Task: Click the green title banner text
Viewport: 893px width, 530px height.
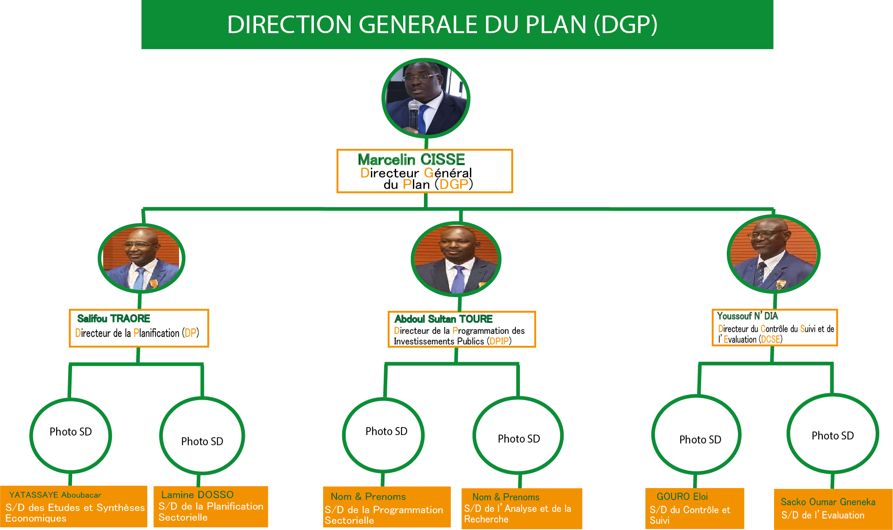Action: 442,25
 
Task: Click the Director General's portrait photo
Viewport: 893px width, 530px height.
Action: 425,98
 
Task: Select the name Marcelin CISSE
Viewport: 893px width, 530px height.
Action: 411,159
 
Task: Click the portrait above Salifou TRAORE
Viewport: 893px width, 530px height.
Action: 141,258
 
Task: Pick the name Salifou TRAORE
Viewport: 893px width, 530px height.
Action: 114,318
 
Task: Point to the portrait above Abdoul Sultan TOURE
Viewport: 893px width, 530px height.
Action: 456,259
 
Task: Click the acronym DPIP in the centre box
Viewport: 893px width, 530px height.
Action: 500,341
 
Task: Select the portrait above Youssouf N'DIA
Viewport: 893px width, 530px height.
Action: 774,254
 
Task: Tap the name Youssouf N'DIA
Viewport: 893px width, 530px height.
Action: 748,316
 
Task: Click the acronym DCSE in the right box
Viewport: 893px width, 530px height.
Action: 771,340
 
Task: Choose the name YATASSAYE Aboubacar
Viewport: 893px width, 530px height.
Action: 55,495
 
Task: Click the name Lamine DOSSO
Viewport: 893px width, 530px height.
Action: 197,495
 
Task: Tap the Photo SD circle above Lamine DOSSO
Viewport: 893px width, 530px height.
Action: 202,436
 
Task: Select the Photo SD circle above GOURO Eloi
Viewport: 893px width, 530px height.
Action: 696,435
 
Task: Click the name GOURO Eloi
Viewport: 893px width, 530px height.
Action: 682,496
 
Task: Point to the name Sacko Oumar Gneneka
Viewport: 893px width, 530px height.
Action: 828,502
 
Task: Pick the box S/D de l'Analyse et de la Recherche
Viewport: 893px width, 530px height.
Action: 522,509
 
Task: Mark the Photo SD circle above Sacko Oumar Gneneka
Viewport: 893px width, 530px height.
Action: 833,433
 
